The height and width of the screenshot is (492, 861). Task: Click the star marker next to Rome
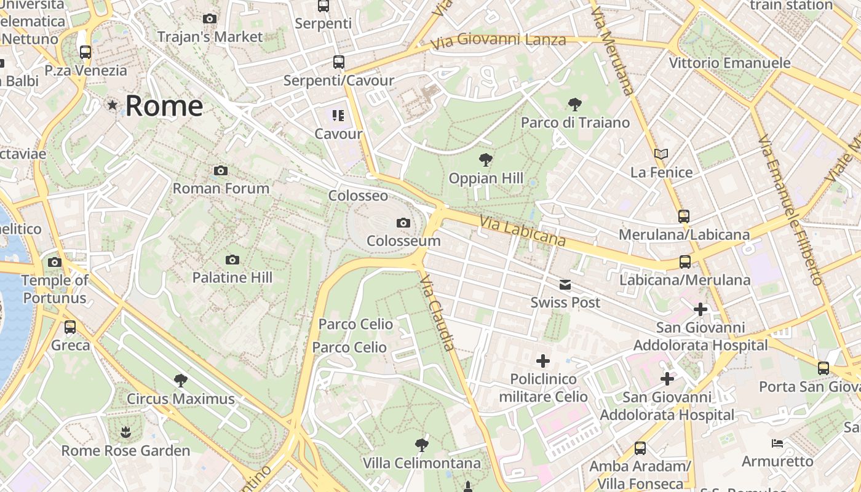pos(113,105)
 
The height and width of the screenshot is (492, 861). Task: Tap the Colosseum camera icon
pos(403,223)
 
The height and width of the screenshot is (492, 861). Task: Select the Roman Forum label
pos(221,188)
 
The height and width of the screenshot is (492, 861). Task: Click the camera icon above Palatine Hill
pos(232,260)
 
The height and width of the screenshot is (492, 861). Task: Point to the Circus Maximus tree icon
pos(180,380)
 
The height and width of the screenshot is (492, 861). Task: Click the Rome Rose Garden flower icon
pos(125,432)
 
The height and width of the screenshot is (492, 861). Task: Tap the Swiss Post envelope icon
pos(565,284)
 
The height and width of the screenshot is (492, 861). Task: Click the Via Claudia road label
pos(438,313)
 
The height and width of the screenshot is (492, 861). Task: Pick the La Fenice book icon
pos(661,154)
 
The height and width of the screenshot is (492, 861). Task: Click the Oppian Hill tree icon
pos(485,160)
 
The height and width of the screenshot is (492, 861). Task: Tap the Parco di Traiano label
pos(575,122)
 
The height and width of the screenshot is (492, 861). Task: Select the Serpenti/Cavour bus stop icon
pos(338,61)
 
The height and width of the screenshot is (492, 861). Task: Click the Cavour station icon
pos(338,115)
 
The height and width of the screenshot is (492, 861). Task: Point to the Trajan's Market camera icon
pos(210,18)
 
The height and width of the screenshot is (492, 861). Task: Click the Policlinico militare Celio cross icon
pos(542,360)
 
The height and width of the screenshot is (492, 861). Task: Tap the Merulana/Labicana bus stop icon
pos(683,216)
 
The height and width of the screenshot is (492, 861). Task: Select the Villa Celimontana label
pos(421,462)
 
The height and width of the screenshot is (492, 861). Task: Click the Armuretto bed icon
pos(777,443)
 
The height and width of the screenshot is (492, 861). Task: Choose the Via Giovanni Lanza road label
pos(498,42)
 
